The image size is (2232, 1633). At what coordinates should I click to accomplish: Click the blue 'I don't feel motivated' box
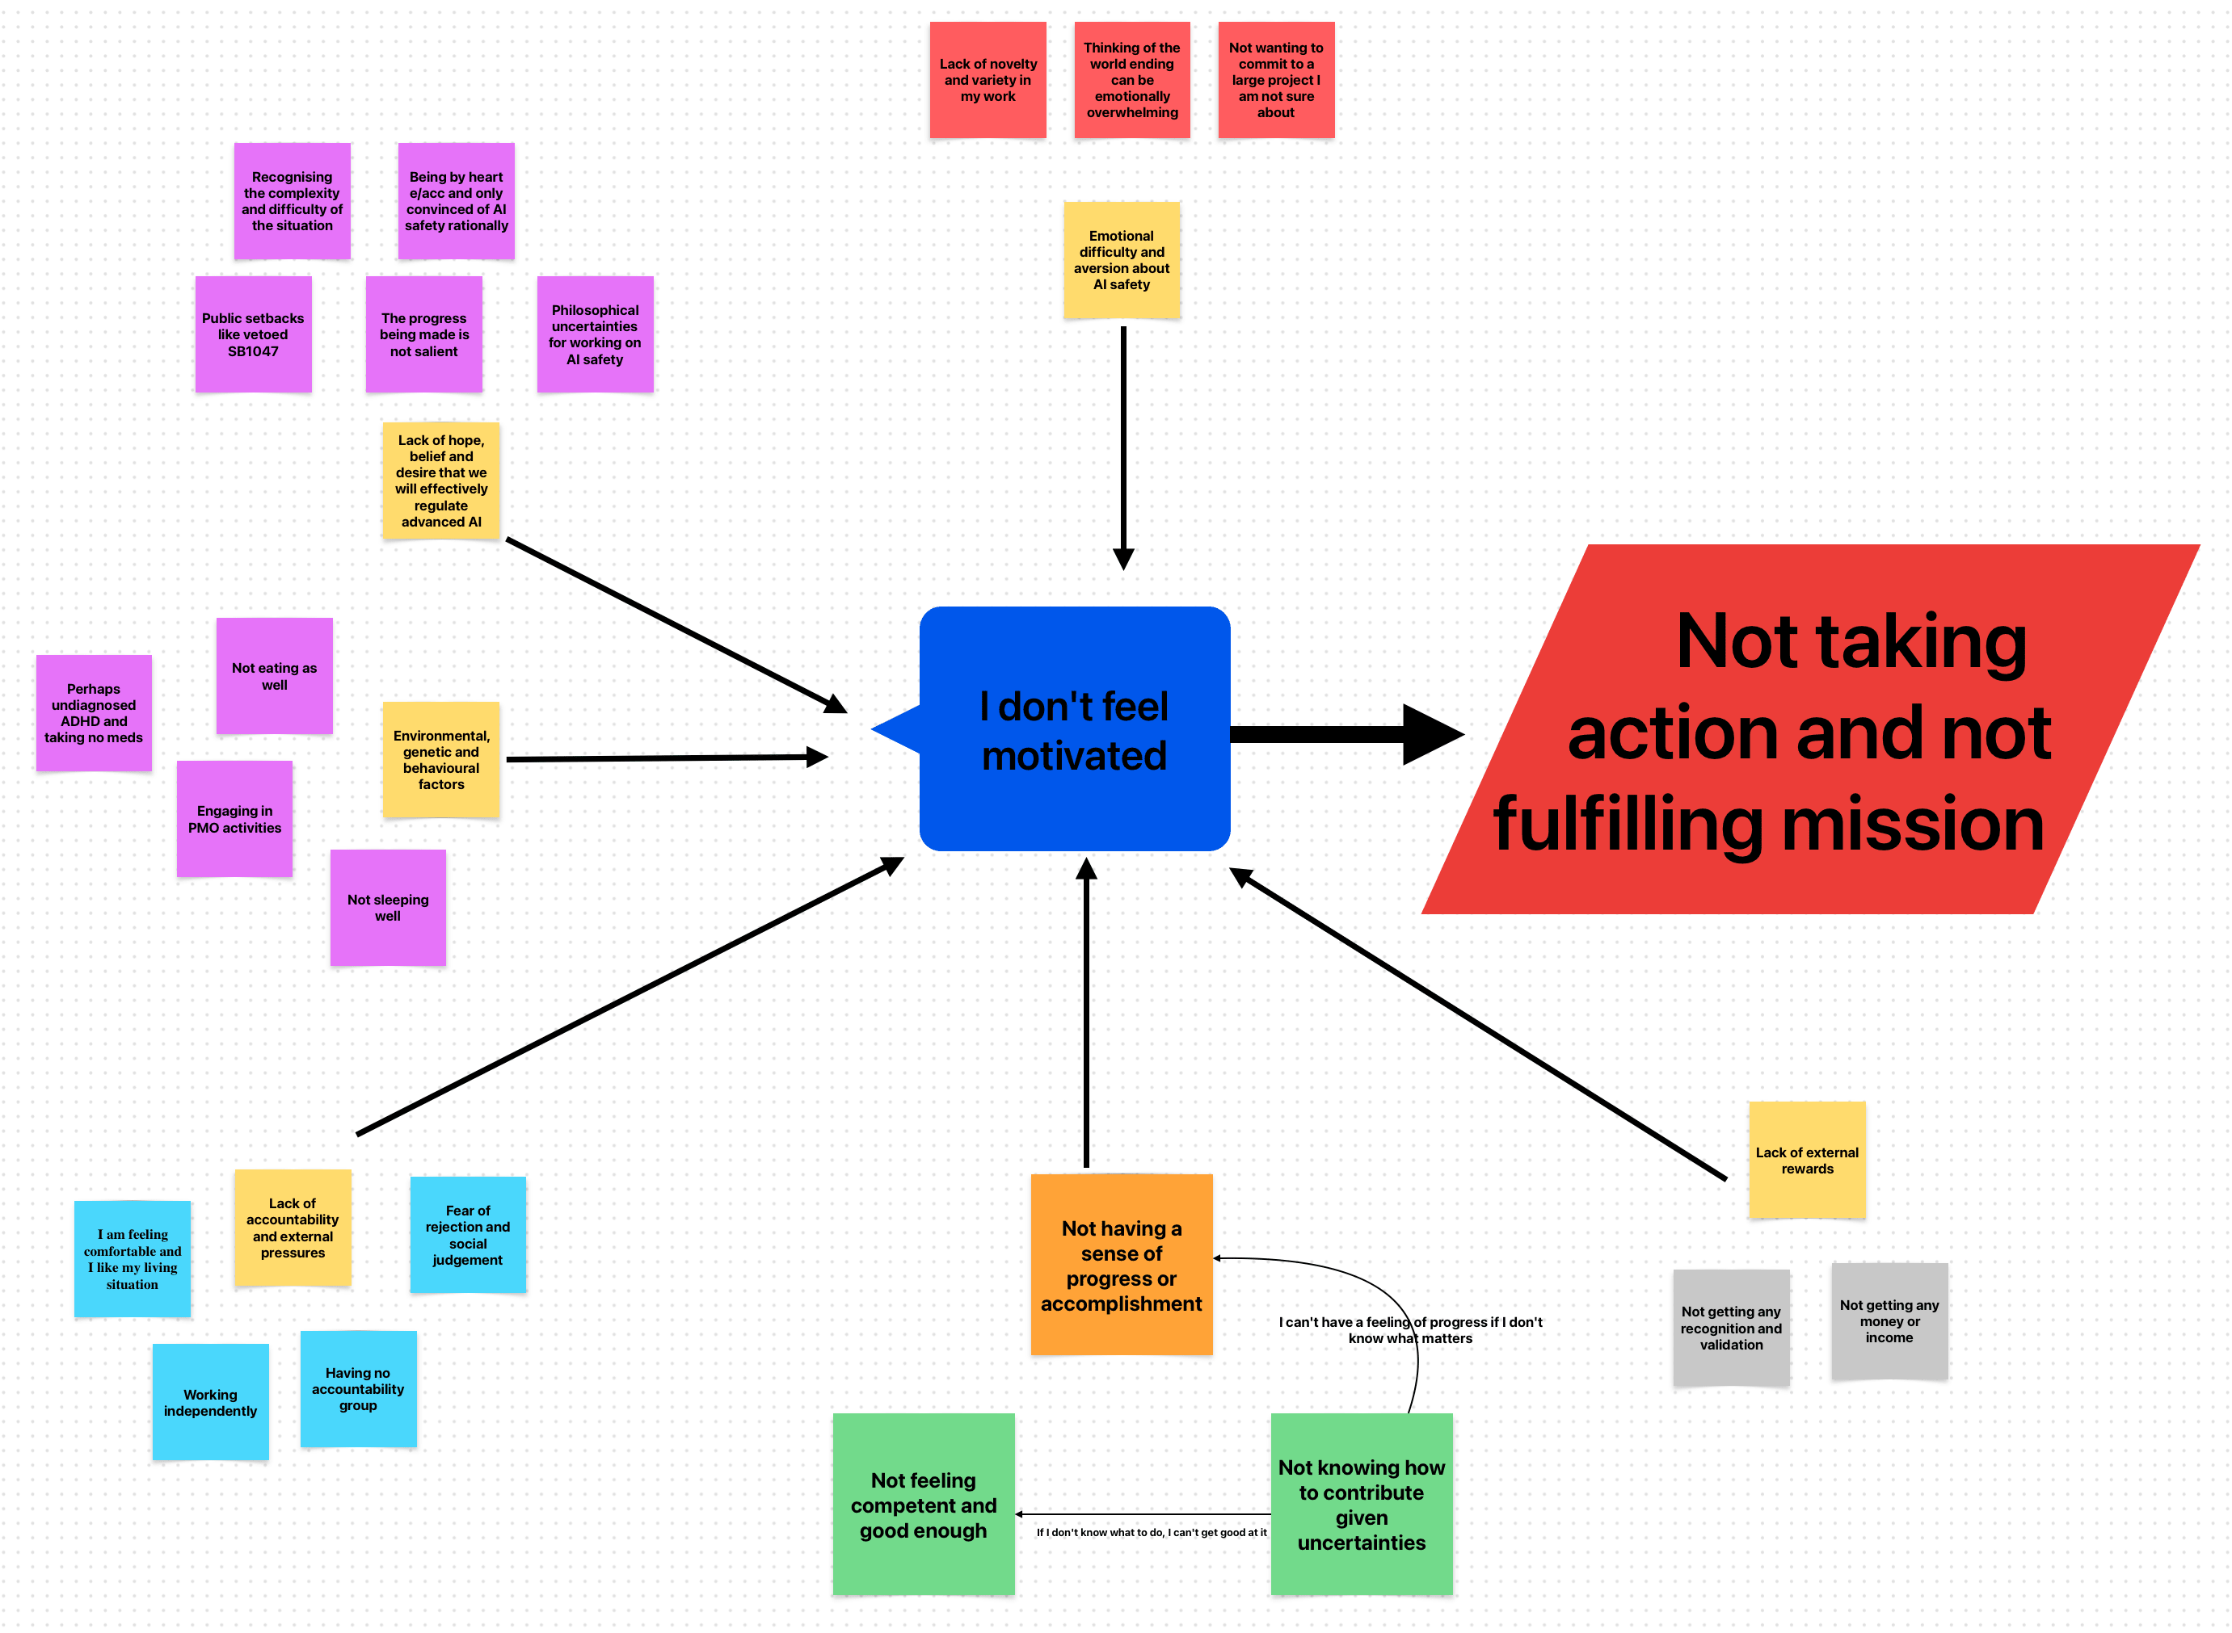(1074, 728)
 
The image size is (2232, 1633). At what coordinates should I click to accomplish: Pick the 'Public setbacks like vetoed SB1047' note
(253, 334)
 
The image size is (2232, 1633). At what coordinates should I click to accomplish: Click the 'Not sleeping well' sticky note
(388, 908)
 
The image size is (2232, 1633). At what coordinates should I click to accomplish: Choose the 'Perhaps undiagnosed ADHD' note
(94, 712)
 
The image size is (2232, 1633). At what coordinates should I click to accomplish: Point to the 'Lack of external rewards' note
(1807, 1160)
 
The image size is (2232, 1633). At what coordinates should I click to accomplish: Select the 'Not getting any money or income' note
(1889, 1320)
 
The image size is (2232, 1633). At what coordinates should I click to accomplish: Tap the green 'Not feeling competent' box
(923, 1504)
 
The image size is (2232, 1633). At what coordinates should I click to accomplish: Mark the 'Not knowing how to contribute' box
(1361, 1504)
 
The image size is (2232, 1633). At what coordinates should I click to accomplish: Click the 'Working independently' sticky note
(211, 1402)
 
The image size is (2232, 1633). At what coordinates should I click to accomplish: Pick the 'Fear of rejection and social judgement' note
(468, 1234)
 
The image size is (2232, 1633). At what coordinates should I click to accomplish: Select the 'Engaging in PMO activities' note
(234, 818)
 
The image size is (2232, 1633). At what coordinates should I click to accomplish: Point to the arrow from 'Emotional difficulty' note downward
(1123, 445)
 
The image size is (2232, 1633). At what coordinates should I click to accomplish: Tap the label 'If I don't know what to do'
(1151, 1532)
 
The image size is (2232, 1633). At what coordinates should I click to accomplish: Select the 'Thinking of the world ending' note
(1131, 80)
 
